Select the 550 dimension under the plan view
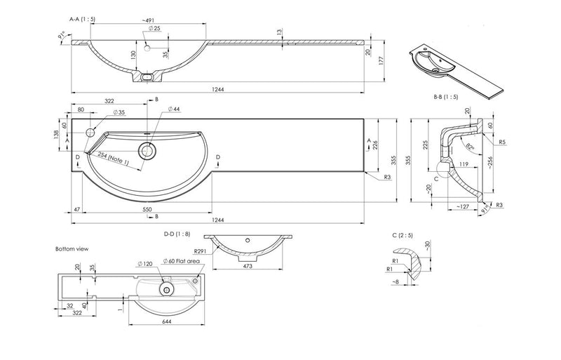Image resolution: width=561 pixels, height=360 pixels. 148,209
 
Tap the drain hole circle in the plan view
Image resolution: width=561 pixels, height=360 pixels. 148,149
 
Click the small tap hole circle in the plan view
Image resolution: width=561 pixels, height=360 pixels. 91,133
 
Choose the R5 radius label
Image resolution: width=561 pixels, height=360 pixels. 503,142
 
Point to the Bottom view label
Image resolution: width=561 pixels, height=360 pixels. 72,248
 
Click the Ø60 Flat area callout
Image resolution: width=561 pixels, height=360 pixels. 184,260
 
